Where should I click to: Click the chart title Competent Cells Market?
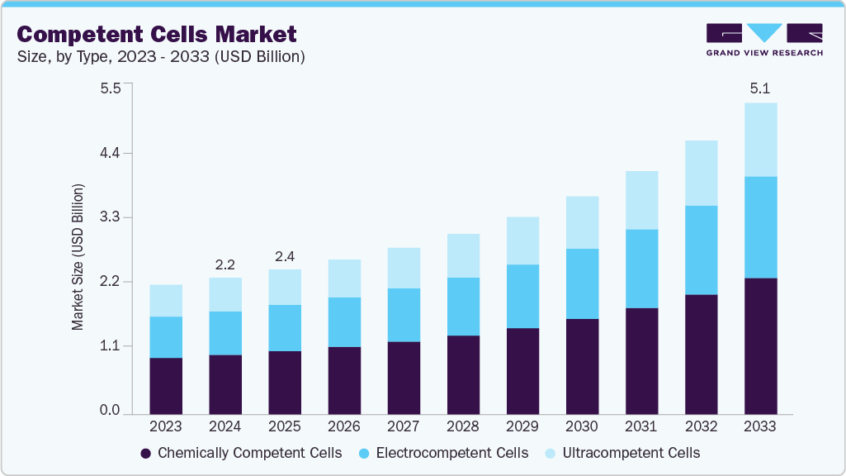click(x=156, y=34)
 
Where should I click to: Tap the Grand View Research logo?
click(x=764, y=40)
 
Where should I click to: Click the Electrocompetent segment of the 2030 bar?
click(x=582, y=283)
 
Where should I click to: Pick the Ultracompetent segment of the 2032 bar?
click(x=701, y=173)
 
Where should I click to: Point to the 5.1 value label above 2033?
click(x=760, y=88)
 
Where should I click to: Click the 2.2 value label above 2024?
click(x=225, y=264)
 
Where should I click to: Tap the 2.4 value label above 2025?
click(x=285, y=256)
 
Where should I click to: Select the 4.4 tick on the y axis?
click(x=110, y=153)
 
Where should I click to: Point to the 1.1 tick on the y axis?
click(x=110, y=345)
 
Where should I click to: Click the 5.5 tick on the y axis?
click(x=110, y=88)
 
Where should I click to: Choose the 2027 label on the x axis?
click(x=404, y=427)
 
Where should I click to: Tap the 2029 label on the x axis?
click(x=522, y=427)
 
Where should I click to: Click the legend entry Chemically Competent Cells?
click(x=241, y=453)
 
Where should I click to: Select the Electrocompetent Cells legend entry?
click(x=443, y=453)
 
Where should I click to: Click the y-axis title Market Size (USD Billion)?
click(x=78, y=257)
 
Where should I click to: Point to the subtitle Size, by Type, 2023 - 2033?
click(x=161, y=57)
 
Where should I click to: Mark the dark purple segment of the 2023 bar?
click(x=166, y=385)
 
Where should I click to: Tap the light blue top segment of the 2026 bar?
click(x=344, y=278)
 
